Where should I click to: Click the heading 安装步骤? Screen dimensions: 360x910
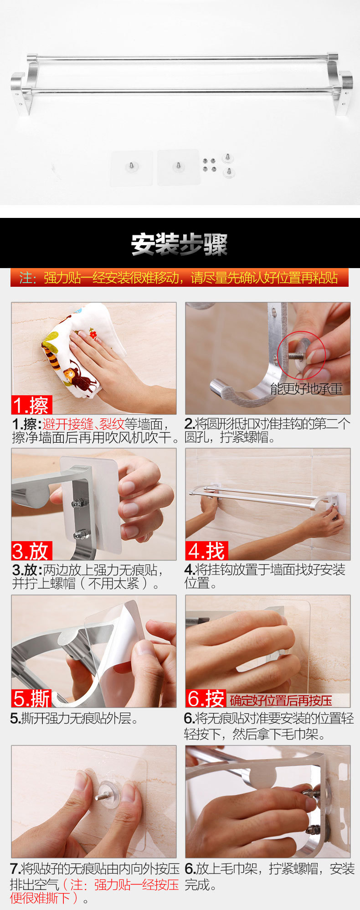pos(179,244)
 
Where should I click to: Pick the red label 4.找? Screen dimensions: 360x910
pos(206,551)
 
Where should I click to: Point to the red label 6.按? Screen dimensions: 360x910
pos(206,698)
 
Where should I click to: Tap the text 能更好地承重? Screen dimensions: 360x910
pos(306,388)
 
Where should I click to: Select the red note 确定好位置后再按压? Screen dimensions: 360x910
pos(281,700)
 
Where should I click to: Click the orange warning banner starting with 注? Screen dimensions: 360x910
pos(180,277)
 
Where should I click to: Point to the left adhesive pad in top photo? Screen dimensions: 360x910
pos(132,168)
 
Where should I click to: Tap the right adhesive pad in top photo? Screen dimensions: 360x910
pos(179,167)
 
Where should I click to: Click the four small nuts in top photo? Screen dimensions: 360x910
pos(209,165)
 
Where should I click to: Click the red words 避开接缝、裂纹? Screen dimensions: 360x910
pos(83,424)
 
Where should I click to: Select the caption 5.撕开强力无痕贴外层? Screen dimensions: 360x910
pos(74,719)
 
